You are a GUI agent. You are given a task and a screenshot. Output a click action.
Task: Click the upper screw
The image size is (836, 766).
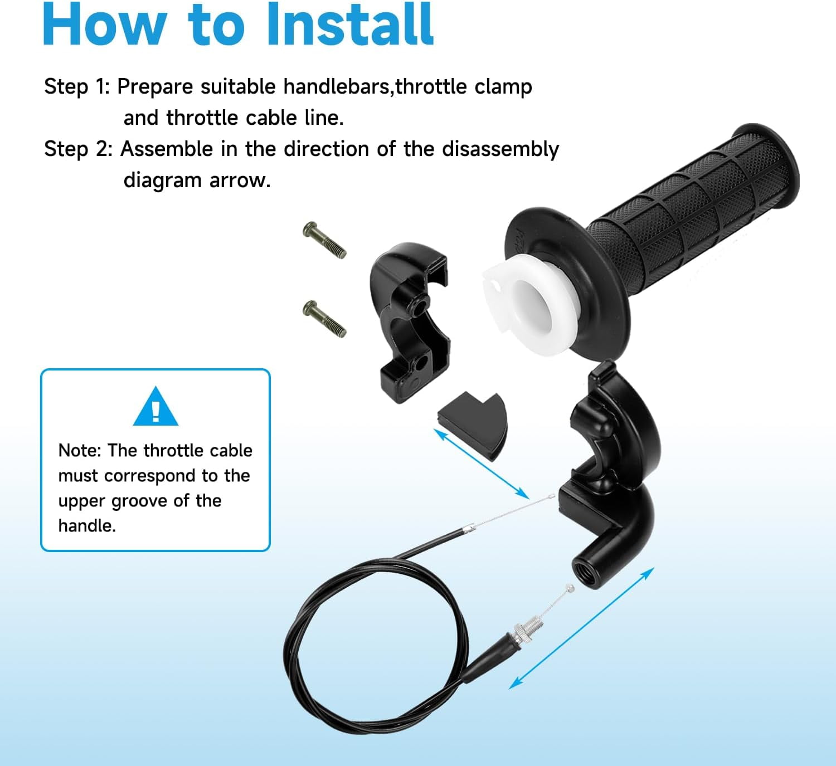pos(324,240)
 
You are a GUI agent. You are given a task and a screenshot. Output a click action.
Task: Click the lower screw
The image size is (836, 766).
pos(324,319)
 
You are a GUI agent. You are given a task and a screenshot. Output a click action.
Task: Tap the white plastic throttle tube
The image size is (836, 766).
pos(530,305)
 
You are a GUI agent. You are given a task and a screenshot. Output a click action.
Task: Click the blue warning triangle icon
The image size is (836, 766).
pos(155,406)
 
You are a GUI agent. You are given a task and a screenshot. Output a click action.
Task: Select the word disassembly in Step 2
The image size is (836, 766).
pos(500,149)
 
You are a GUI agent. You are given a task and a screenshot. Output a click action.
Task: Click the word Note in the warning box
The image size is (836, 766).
pos(80,451)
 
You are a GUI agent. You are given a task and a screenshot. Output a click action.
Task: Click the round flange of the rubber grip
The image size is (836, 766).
pos(567,285)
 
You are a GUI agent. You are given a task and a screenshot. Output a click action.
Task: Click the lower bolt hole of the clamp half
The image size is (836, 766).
pos(421,363)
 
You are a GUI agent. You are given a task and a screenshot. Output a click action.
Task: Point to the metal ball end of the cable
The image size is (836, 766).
pos(570,588)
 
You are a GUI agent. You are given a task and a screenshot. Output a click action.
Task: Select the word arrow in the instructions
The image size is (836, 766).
pos(240,180)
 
